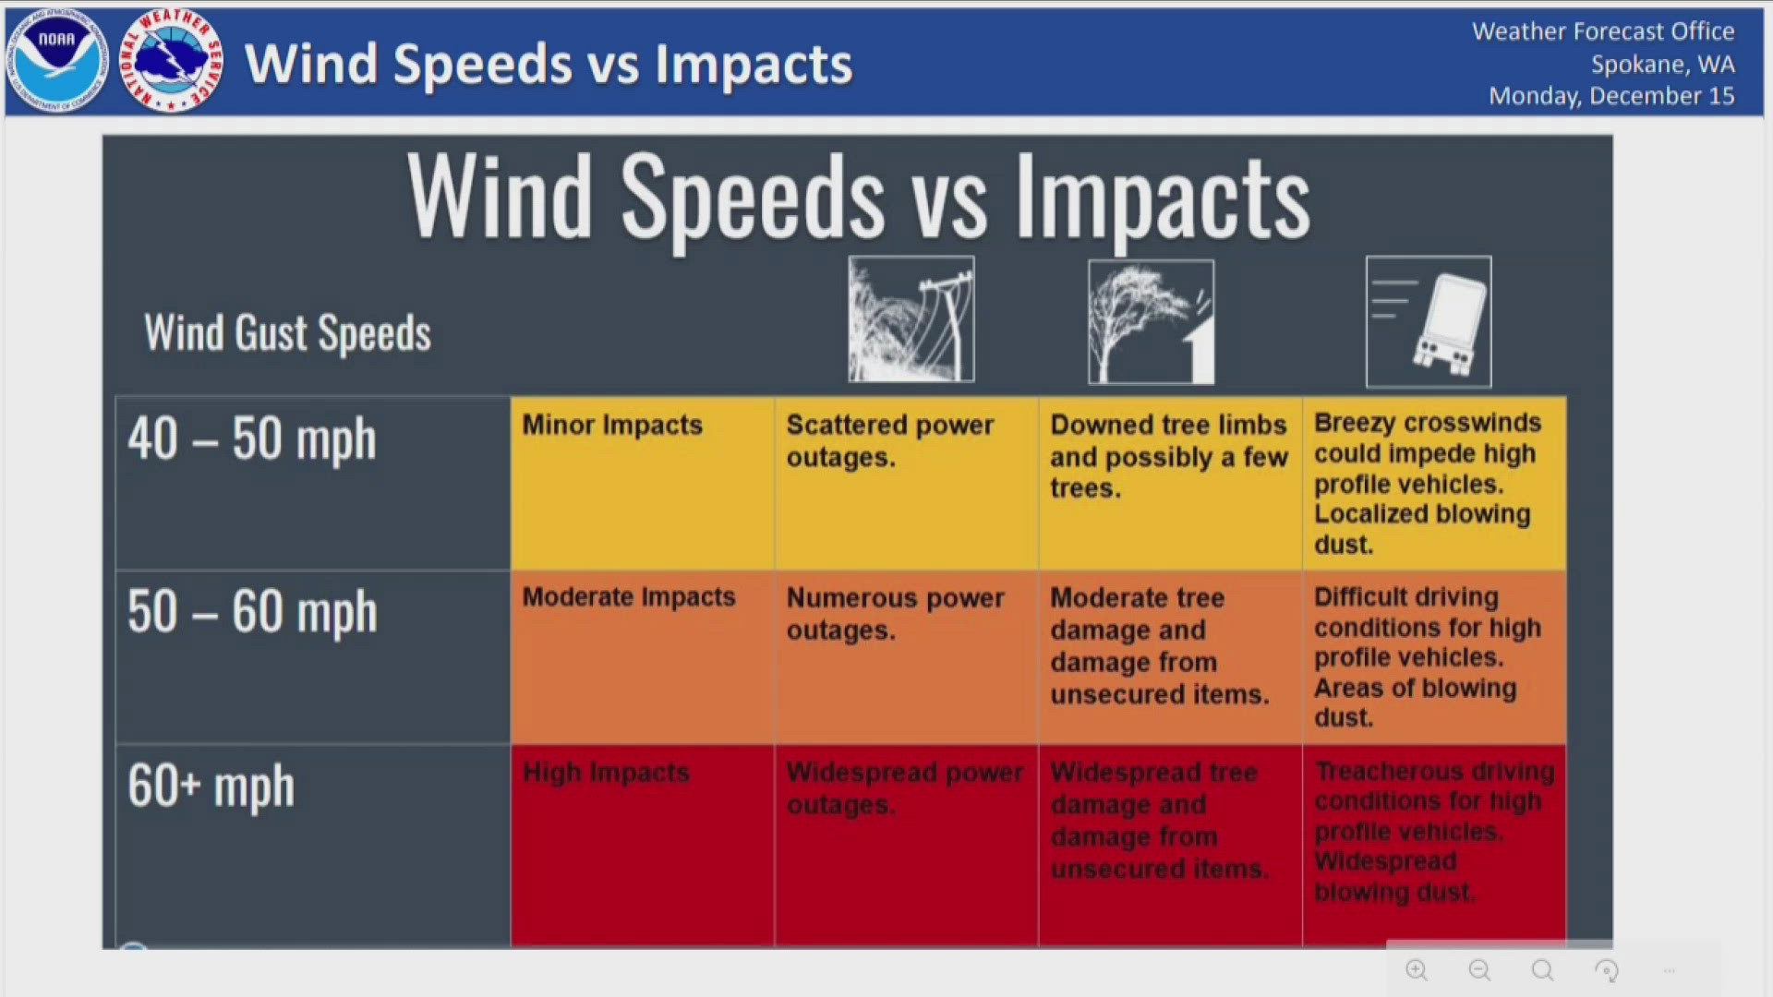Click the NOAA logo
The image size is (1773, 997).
tap(57, 62)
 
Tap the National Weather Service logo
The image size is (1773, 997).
tap(172, 62)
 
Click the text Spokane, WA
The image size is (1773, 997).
tap(1662, 65)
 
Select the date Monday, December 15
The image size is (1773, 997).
tap(1611, 96)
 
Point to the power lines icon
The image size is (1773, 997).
tap(911, 319)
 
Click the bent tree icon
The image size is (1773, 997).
tap(1152, 321)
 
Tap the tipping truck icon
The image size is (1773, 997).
tap(1429, 322)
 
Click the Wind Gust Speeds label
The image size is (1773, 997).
tap(287, 333)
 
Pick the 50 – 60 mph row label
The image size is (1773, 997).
tap(252, 612)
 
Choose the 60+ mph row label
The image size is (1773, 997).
tap(211, 787)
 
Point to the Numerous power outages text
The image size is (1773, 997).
tap(895, 614)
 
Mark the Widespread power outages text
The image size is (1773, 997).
tap(904, 787)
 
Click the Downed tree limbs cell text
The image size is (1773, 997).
tap(1168, 456)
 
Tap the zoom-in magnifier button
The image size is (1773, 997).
tap(1417, 970)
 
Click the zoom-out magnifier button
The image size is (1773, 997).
tap(1479, 970)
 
